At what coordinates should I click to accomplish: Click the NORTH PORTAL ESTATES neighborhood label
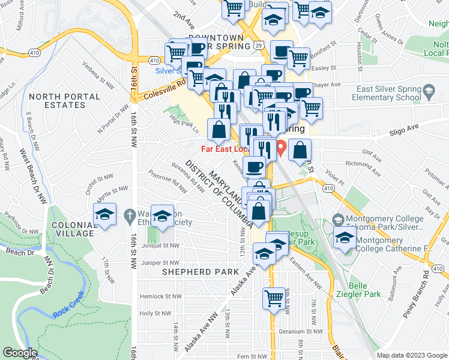(x=57, y=101)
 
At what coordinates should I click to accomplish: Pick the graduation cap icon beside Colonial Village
(x=104, y=215)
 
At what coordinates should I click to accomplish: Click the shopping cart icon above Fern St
(x=274, y=297)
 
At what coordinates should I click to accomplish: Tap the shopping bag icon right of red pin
(x=300, y=151)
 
